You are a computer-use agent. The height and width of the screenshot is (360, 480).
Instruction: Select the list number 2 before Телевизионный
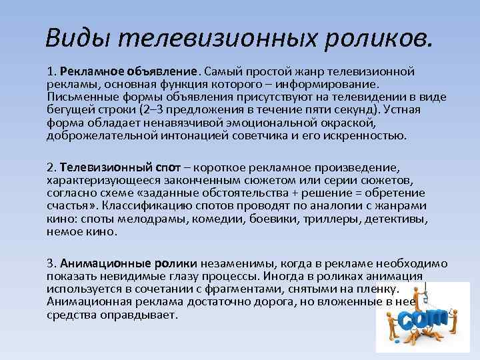50,168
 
